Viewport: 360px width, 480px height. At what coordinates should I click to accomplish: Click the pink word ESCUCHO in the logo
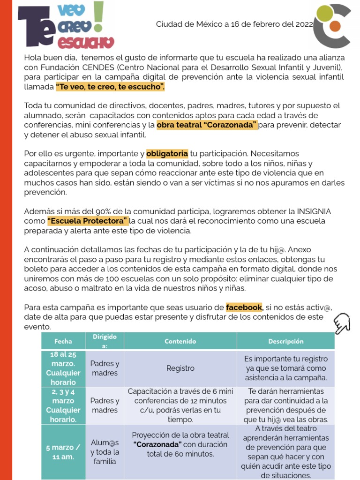(85, 43)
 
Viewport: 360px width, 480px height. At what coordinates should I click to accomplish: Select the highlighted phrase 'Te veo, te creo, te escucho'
(110, 87)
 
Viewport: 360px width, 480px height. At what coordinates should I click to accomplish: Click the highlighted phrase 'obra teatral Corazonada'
(207, 125)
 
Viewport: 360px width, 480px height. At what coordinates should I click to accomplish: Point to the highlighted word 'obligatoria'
(167, 154)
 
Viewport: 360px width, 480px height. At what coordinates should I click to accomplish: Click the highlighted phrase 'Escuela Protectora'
(88, 221)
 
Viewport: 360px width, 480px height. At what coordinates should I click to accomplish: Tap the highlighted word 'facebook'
(244, 307)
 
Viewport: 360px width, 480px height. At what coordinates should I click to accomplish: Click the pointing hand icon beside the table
(343, 323)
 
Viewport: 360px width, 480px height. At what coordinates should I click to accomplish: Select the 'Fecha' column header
(63, 341)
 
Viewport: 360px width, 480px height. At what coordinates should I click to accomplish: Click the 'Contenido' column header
(180, 341)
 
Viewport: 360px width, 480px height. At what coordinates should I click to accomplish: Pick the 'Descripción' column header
(286, 341)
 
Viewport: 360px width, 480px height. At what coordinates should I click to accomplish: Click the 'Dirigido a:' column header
(105, 341)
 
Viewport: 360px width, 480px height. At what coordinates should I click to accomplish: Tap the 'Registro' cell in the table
(180, 368)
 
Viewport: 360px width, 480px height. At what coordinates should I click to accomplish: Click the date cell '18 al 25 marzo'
(63, 368)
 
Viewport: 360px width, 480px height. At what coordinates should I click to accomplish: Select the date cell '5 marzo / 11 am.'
(63, 452)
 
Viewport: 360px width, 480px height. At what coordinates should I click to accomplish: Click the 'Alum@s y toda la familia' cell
(105, 452)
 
